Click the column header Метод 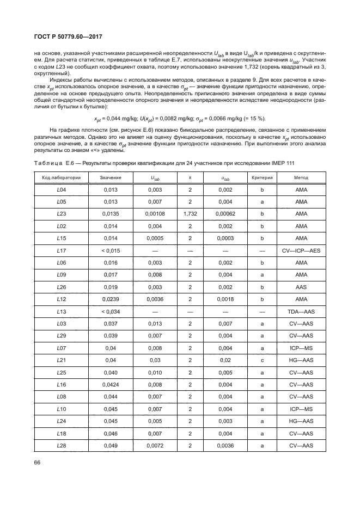[301, 178]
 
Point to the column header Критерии [262, 178]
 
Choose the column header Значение [111, 178]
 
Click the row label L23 [62, 214]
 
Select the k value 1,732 [190, 214]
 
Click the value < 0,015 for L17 [111, 250]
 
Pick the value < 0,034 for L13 [111, 311]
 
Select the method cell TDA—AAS [301, 311]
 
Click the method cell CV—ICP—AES [301, 250]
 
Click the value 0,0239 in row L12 [111, 299]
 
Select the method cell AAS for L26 [301, 287]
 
